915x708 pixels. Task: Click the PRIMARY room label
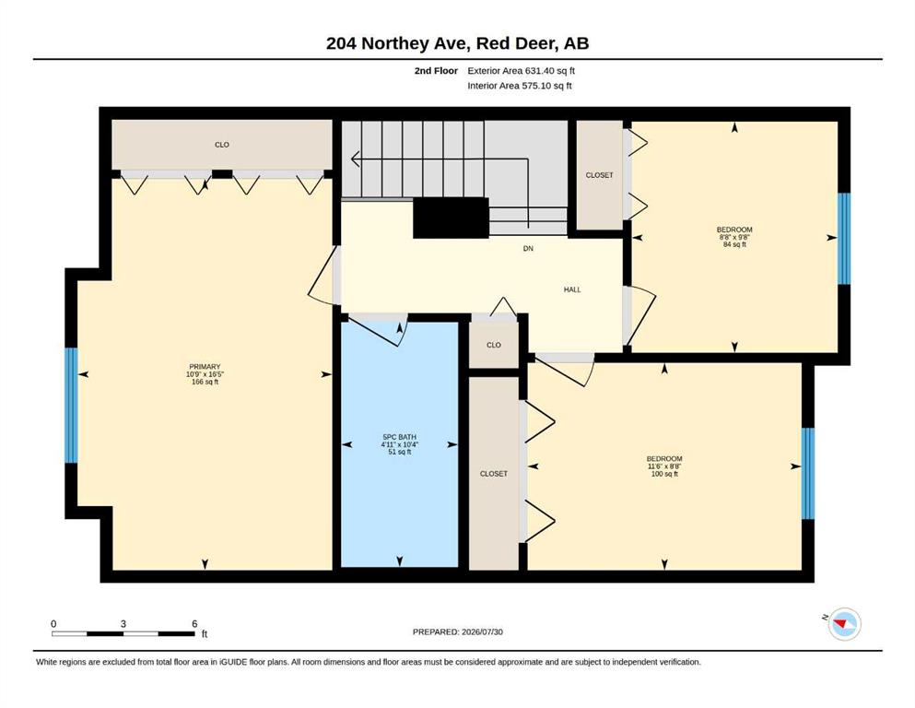[205, 367]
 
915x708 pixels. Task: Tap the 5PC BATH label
[399, 437]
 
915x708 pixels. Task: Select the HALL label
[572, 289]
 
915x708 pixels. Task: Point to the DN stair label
[528, 249]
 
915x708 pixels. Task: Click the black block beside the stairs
[452, 218]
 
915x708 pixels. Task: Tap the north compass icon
[844, 624]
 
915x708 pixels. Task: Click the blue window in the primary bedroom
[71, 405]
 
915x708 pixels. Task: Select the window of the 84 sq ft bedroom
[844, 238]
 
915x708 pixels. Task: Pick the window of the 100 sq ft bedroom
[807, 473]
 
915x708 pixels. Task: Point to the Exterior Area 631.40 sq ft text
[522, 71]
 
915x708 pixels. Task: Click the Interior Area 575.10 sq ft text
[520, 86]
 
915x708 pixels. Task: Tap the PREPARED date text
[457, 631]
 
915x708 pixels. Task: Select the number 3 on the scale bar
[123, 623]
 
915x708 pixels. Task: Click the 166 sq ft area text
[205, 383]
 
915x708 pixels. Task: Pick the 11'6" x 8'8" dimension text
[664, 466]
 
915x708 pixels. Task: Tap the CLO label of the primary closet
[222, 145]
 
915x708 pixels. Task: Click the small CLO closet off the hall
[494, 345]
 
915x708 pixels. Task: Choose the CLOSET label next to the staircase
[599, 175]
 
